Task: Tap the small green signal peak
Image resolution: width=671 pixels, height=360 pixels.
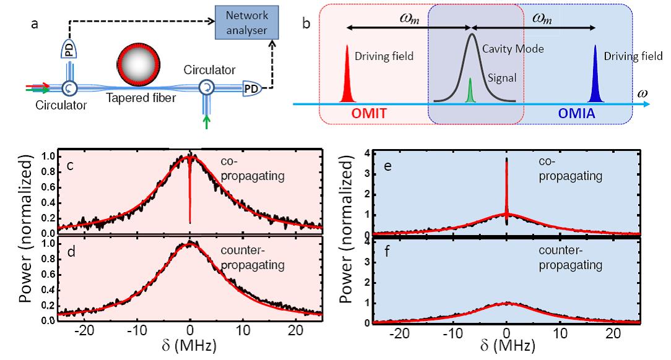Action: tap(470, 90)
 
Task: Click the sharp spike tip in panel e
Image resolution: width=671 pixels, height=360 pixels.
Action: tap(507, 160)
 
